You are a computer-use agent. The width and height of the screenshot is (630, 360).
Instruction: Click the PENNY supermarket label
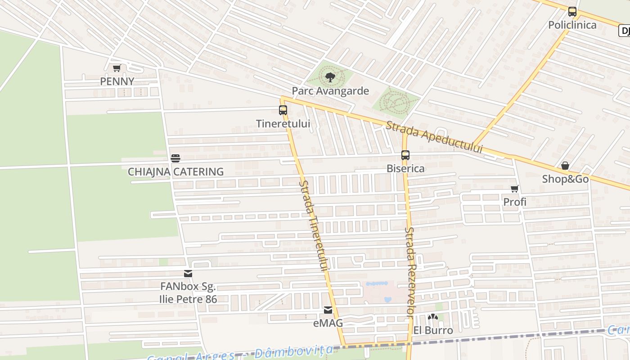click(117, 81)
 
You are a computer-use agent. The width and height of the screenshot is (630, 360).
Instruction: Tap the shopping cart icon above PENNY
click(117, 68)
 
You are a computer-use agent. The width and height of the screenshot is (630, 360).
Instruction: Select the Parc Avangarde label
click(330, 91)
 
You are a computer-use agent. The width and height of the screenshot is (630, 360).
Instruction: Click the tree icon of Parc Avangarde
click(330, 77)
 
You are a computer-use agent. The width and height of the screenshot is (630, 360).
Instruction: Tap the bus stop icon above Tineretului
click(283, 110)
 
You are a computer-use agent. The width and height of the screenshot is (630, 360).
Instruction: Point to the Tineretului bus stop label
click(283, 123)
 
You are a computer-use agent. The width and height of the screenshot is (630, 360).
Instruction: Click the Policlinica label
click(572, 25)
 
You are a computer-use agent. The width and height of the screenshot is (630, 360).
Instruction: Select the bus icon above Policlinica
click(572, 12)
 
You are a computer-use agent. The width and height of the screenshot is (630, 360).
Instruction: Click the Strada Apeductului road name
click(434, 137)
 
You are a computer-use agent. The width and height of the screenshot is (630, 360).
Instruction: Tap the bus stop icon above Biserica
click(405, 155)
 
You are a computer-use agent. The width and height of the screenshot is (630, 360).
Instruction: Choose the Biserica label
click(405, 168)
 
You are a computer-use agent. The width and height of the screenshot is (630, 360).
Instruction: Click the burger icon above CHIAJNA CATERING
click(175, 158)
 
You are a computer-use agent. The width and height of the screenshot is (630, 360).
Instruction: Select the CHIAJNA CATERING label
click(175, 171)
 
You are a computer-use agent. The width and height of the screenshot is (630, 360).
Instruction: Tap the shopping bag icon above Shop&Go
click(565, 166)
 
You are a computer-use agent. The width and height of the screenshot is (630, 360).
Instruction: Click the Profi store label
click(515, 202)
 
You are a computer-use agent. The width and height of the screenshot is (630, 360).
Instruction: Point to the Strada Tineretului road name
click(314, 225)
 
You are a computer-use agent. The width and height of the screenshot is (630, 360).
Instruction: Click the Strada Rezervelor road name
click(409, 272)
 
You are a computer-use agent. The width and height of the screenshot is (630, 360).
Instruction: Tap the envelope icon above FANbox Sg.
click(188, 274)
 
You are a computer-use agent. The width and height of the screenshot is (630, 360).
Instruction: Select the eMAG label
click(328, 323)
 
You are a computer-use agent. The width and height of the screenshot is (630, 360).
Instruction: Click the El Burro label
click(433, 330)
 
